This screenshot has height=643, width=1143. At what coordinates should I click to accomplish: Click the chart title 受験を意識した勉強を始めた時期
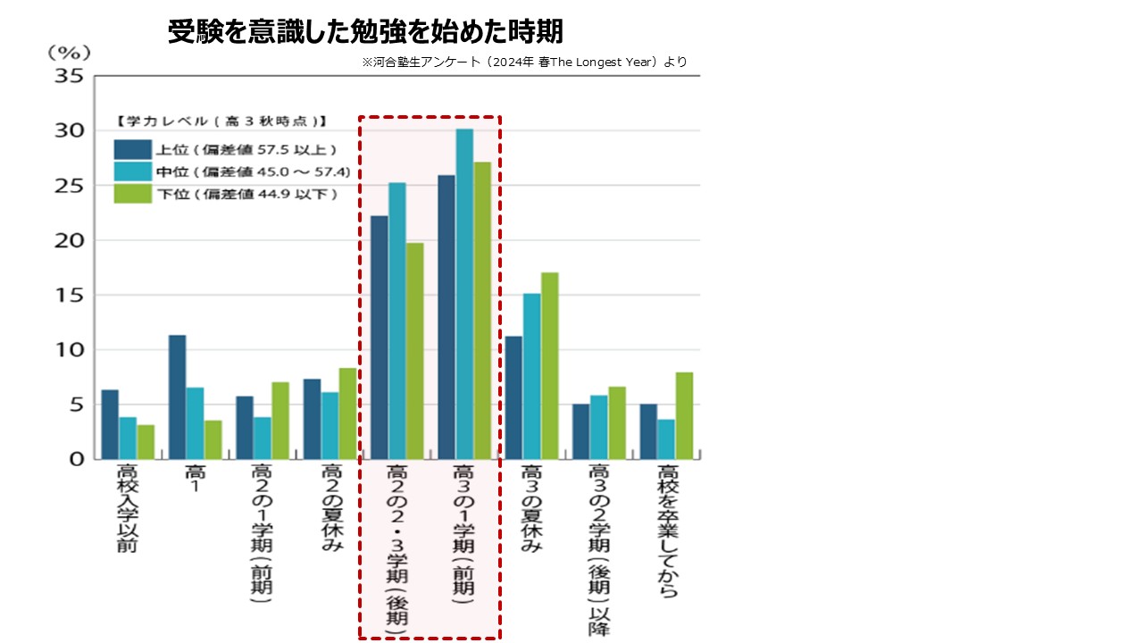[x=365, y=33]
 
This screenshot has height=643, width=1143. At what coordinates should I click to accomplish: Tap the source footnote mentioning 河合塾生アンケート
[x=524, y=63]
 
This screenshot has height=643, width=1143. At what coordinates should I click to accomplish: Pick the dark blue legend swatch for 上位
[x=132, y=149]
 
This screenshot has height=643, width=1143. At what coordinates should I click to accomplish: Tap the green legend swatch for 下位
[x=132, y=193]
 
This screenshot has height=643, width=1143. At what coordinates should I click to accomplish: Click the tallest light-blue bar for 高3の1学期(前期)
[x=464, y=294]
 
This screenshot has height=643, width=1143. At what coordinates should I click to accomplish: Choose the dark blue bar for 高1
[x=177, y=397]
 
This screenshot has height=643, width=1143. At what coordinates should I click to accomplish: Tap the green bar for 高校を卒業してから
[x=684, y=415]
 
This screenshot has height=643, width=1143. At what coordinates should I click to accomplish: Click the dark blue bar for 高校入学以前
[x=110, y=424]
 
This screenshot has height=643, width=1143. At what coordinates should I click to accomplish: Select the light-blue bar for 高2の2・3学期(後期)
[x=396, y=321]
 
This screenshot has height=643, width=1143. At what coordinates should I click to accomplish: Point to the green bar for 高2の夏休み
[x=347, y=413]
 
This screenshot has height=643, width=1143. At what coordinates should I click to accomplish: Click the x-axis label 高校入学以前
[x=127, y=508]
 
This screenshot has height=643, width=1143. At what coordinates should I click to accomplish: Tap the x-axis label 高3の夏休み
[x=530, y=509]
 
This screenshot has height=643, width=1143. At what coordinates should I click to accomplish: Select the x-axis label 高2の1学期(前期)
[x=261, y=535]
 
